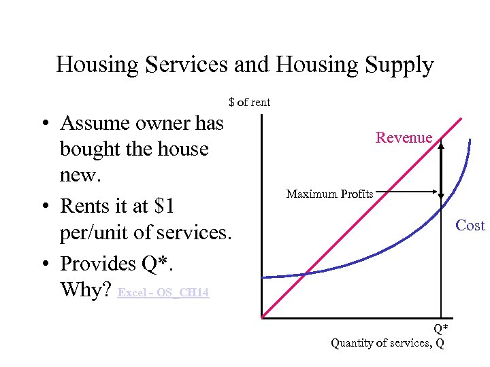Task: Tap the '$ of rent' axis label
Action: pos(250,103)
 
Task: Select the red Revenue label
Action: pos(404,138)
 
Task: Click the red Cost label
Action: pos(470,226)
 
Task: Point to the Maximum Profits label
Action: pos(329,194)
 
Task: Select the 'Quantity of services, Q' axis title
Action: pos(387,343)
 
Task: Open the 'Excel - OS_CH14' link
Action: pos(163,293)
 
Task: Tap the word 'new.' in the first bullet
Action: pos(80,175)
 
